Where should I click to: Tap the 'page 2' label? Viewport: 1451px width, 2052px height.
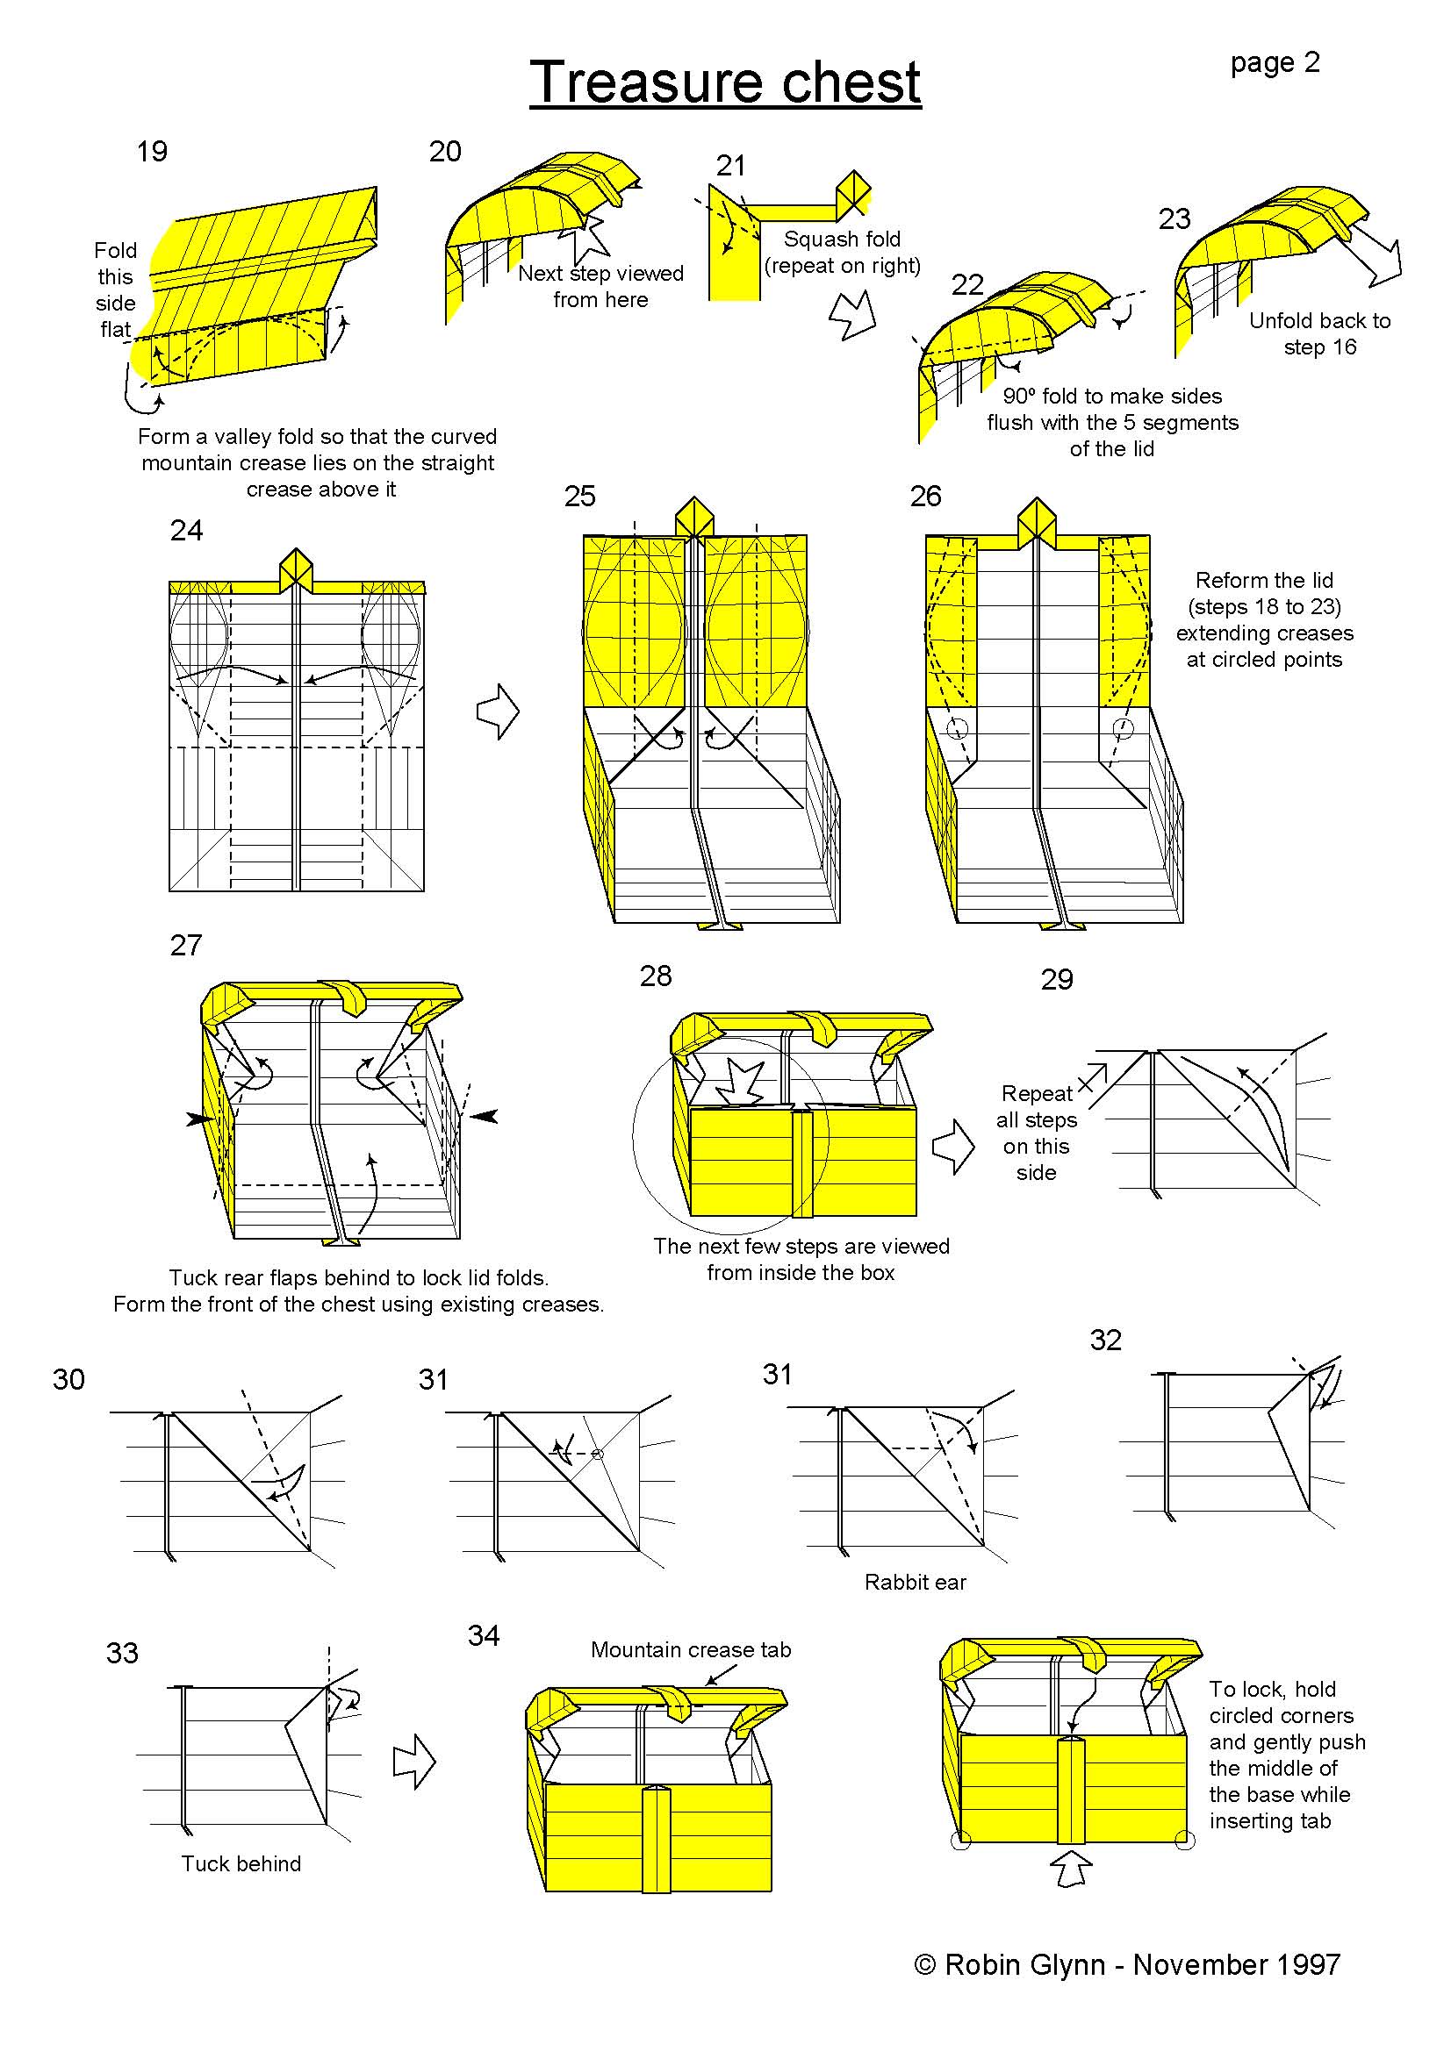1274,62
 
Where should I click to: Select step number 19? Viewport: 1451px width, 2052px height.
152,151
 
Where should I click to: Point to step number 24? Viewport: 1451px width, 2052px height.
186,530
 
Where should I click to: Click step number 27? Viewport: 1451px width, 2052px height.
186,945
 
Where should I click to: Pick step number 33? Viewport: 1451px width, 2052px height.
123,1653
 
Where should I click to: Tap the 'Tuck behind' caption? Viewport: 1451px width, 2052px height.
241,1863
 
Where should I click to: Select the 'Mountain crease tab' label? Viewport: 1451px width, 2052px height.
690,1650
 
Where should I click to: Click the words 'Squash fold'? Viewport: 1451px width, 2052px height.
841,239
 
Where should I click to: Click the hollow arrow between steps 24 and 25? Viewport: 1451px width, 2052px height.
498,711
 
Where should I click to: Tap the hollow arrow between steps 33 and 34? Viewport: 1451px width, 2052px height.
414,1762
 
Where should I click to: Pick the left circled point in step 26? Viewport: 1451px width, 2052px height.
958,728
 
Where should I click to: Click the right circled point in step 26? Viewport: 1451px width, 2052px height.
1123,728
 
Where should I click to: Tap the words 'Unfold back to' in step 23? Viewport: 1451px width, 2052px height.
1318,320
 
